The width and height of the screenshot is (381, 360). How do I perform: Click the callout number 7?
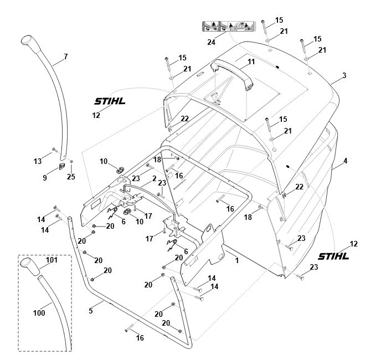(x=65, y=56)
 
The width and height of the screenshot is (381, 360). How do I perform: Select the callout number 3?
(x=344, y=75)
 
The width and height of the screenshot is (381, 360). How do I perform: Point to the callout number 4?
(x=345, y=161)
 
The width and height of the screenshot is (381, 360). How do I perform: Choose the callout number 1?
(x=237, y=259)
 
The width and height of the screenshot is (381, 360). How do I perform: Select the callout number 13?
(x=38, y=161)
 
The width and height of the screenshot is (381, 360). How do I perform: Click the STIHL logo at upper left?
(x=109, y=101)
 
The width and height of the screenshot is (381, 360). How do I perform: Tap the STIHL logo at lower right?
(x=334, y=256)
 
